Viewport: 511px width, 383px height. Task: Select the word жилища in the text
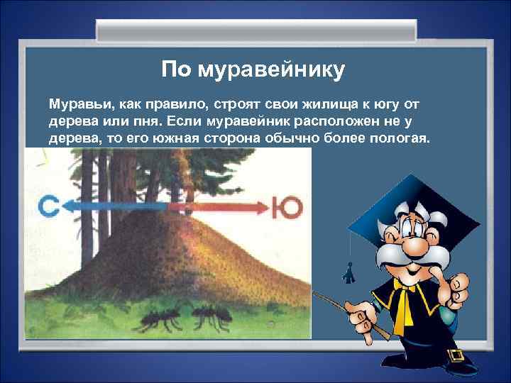tap(322, 104)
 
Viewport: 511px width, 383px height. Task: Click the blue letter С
tap(48, 207)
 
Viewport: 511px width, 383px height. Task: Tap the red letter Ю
tap(290, 207)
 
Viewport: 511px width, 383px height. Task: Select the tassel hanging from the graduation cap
tap(348, 270)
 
